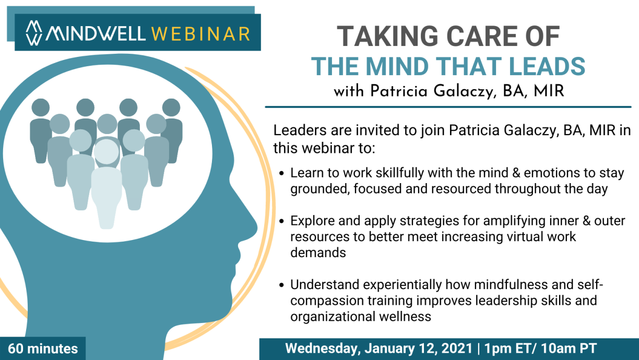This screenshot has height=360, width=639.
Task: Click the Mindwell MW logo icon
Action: (x=34, y=33)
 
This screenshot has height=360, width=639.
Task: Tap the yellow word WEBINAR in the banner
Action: (x=201, y=34)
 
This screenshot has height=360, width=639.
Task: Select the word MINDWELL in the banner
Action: (x=96, y=34)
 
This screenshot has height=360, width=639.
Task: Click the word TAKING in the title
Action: (x=387, y=36)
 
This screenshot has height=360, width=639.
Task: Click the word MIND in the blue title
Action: (x=397, y=66)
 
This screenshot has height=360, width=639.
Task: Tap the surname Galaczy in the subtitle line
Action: (x=464, y=92)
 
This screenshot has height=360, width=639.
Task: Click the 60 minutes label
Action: (x=43, y=349)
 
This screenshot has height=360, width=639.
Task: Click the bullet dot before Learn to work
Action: (x=282, y=173)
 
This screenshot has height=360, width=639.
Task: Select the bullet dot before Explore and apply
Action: (x=282, y=221)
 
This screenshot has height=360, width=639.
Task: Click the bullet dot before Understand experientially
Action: (x=282, y=285)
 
